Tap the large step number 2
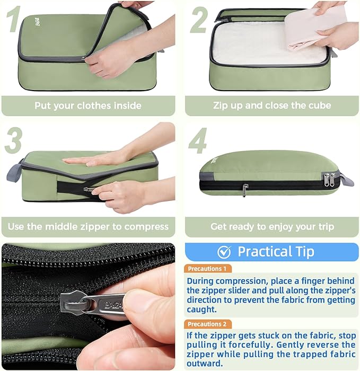point(199,20)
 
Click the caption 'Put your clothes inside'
point(88,105)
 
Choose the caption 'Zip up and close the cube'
point(271,105)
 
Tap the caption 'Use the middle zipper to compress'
point(88,226)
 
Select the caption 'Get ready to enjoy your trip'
point(272,226)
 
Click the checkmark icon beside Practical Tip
point(224,251)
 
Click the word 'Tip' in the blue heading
point(302,251)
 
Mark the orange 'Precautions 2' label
point(207,324)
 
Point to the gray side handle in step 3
point(14,173)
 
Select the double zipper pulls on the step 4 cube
point(329,179)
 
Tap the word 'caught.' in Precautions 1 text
point(202,309)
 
